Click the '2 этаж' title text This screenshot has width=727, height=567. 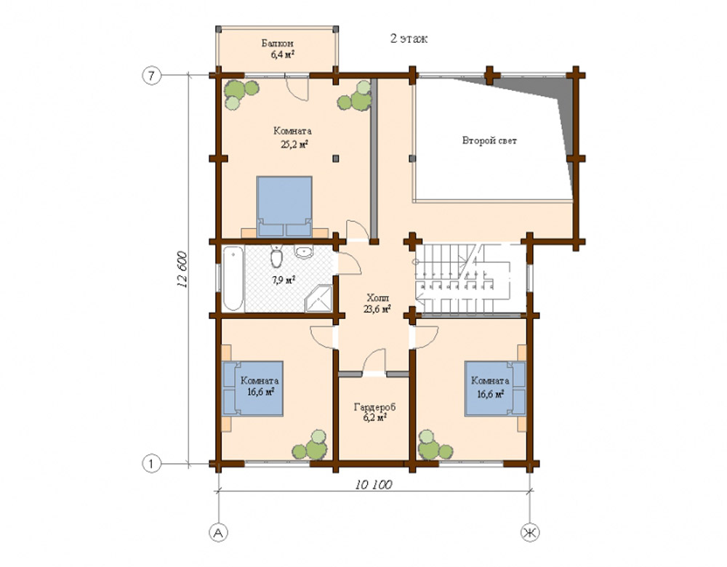coord(409,39)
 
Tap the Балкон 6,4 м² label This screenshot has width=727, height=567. coord(278,49)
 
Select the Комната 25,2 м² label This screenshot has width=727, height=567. coord(292,137)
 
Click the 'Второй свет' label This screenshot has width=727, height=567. coord(489,140)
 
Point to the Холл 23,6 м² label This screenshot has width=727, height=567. coord(377,302)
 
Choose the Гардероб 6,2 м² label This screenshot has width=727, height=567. coord(374,412)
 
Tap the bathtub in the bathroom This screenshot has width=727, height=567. coord(232,278)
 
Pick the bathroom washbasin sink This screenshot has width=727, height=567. coord(305,253)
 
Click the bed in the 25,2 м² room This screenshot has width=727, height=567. coord(284,206)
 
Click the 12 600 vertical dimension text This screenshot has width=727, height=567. coord(181,270)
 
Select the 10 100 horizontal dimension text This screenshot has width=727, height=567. coord(372,485)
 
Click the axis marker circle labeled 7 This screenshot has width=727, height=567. coord(151,76)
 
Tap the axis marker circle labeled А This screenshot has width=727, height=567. coord(217,533)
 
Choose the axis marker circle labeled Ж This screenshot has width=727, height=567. coord(529,533)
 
